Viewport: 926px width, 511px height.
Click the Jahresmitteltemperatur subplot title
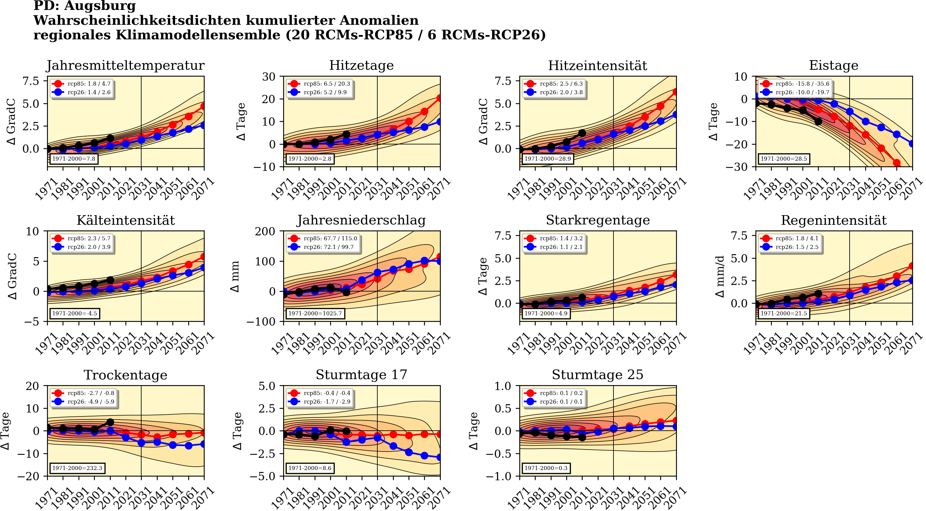(x=125, y=65)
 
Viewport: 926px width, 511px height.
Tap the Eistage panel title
(x=833, y=65)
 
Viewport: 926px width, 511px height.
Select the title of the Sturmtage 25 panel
(x=598, y=375)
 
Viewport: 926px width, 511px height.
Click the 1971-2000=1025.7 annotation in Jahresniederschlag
(x=315, y=313)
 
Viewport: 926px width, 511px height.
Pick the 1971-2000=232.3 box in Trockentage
(x=77, y=468)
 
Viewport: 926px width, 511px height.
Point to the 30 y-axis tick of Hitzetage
(x=269, y=77)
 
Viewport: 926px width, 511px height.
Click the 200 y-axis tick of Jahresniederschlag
(x=265, y=231)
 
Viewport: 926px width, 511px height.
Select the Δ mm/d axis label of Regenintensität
(x=720, y=276)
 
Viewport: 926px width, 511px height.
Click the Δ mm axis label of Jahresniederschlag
(x=235, y=276)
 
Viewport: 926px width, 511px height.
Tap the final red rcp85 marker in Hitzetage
(x=440, y=98)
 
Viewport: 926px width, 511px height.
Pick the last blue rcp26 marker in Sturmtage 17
(x=440, y=457)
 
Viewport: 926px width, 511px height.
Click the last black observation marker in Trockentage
(x=110, y=422)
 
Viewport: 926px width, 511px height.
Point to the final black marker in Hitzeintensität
(x=582, y=133)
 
